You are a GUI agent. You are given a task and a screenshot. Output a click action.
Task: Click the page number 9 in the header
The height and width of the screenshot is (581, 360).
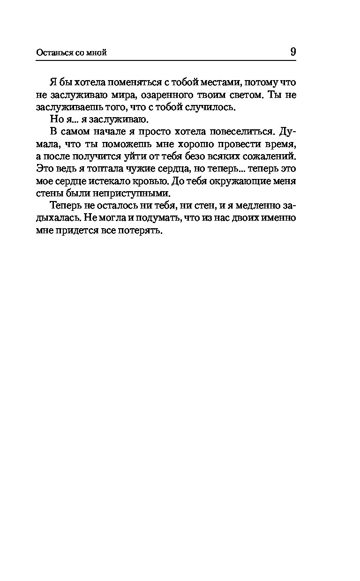pos(293,52)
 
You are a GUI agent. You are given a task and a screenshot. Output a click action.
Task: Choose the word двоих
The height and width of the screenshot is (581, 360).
pos(241,217)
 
